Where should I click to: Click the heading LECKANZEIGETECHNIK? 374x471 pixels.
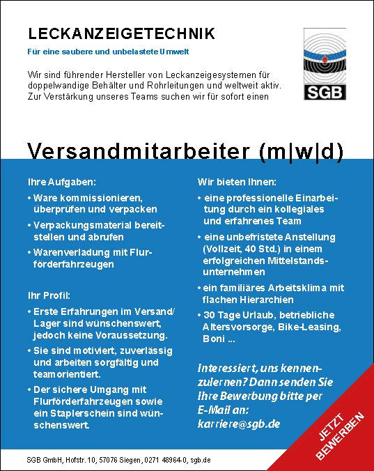click(x=121, y=33)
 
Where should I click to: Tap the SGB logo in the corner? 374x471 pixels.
click(x=324, y=65)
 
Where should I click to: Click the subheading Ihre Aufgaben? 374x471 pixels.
click(x=61, y=182)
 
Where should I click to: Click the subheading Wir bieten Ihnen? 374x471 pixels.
click(x=237, y=182)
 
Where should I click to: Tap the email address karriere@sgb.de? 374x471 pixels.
click(x=237, y=422)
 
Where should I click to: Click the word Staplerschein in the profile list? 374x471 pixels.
click(x=77, y=412)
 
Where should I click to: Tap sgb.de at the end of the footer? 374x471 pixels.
click(x=200, y=461)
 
